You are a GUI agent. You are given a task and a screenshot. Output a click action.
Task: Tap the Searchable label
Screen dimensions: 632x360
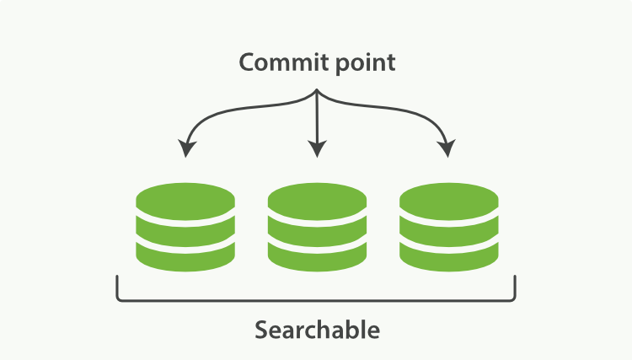coord(316,329)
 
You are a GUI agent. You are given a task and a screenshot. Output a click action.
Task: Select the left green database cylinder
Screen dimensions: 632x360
coord(185,225)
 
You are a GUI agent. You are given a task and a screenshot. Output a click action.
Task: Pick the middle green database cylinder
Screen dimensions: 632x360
coord(316,225)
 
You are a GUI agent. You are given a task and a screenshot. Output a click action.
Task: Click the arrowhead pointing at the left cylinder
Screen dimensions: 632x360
coord(187,149)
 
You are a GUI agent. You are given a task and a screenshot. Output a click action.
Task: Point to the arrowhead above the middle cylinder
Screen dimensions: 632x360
coord(316,149)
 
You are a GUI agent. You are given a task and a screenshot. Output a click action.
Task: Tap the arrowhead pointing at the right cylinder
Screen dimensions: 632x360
coord(446,149)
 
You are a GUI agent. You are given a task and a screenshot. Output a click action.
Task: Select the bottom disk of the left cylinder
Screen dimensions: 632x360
coord(185,252)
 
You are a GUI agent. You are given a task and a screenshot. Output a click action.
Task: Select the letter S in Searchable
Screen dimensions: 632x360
coord(262,329)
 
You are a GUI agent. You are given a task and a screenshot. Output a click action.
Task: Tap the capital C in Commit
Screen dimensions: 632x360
coord(247,63)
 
